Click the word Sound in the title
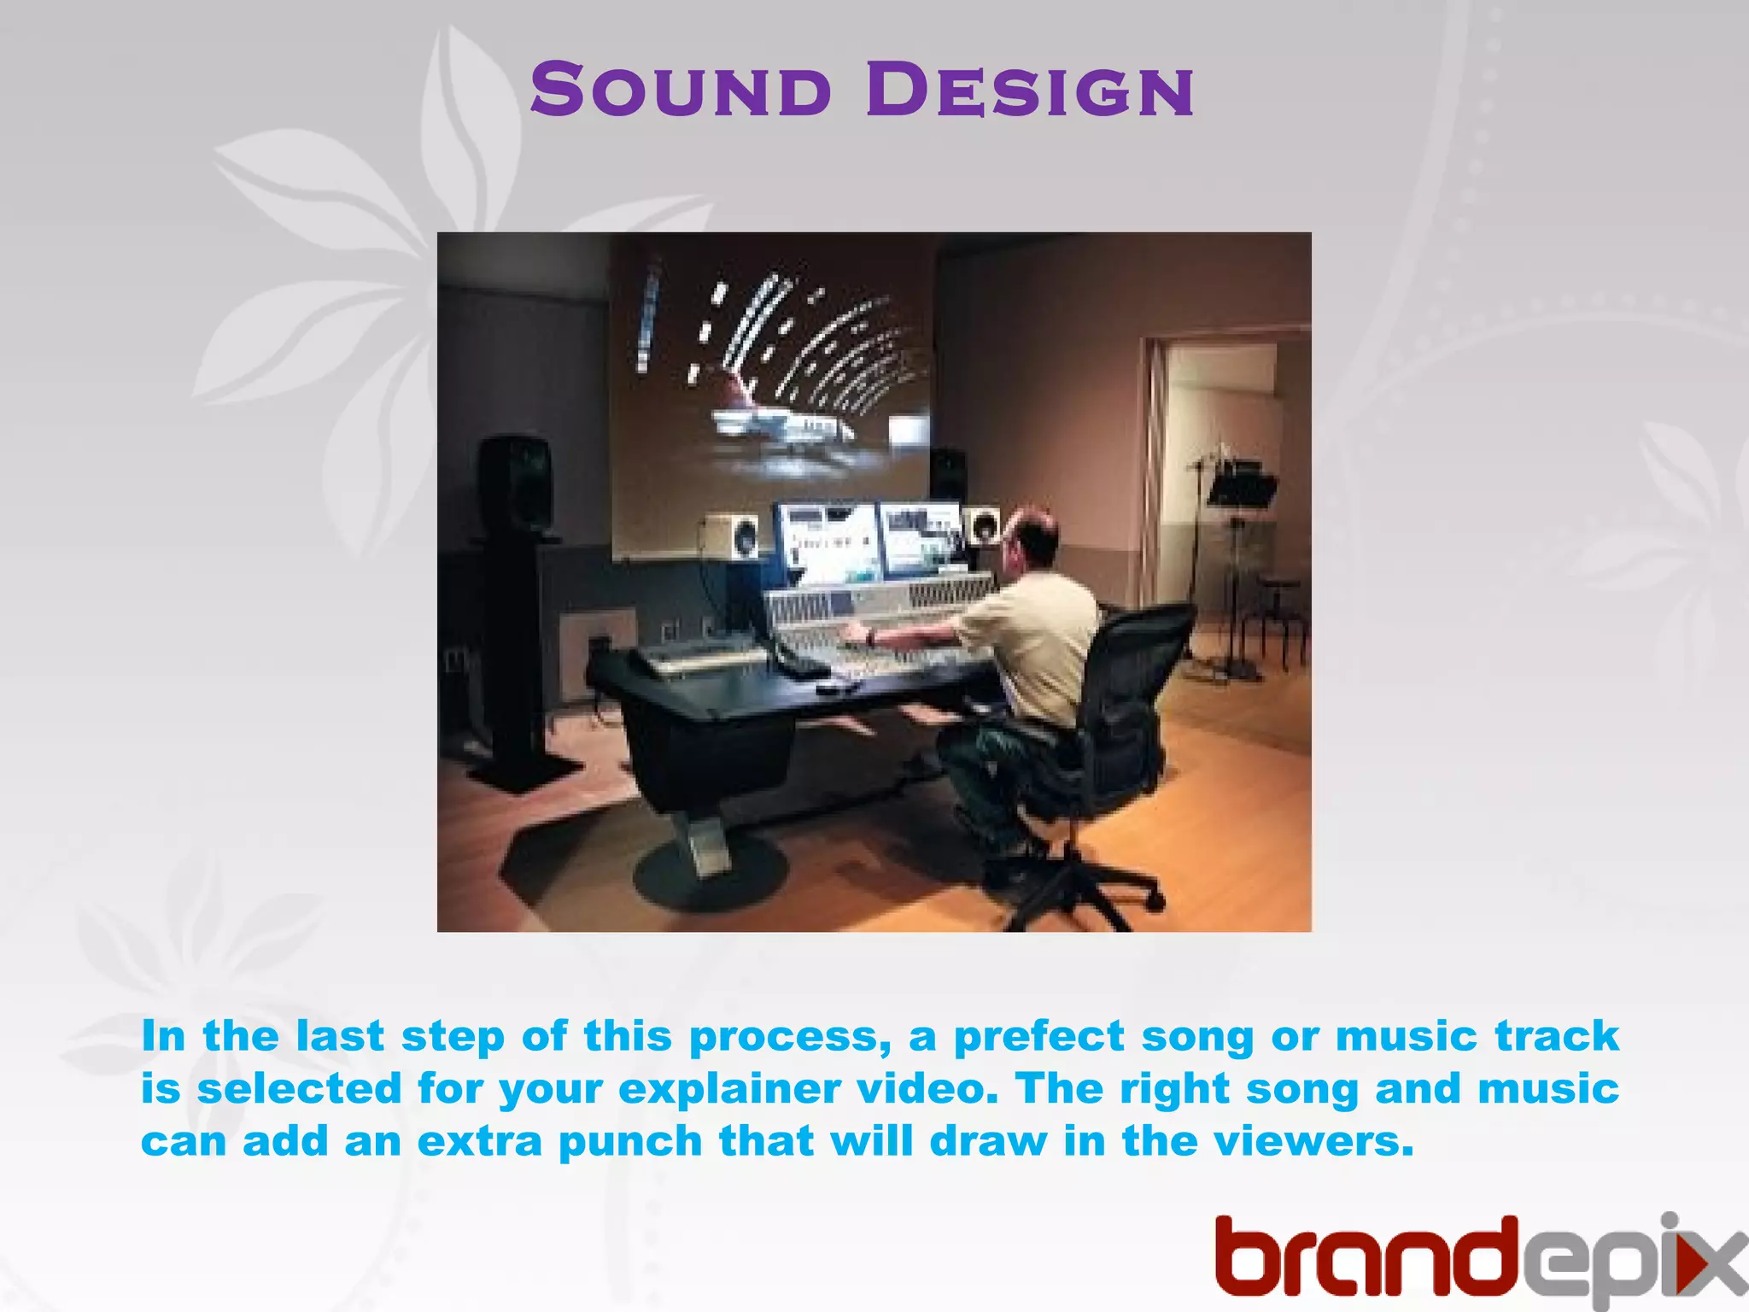(680, 91)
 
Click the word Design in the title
(1030, 91)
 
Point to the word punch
(629, 1143)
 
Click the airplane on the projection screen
(781, 425)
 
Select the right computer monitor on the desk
(921, 537)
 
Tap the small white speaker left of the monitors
(730, 536)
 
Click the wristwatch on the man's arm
(870, 636)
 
